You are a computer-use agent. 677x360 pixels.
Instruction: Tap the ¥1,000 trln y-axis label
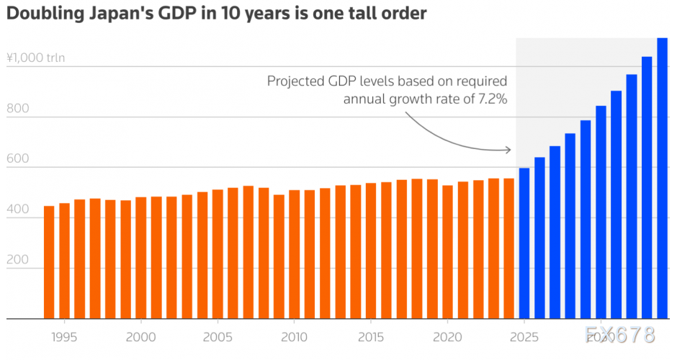pyautogui.click(x=35, y=58)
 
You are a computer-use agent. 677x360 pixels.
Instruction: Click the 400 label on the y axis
pyautogui.click(x=18, y=210)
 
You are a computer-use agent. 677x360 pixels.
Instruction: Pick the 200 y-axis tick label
pyautogui.click(x=18, y=261)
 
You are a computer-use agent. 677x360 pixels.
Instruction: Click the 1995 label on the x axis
pyautogui.click(x=64, y=336)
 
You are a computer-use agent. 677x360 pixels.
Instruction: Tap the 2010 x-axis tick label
pyautogui.click(x=294, y=336)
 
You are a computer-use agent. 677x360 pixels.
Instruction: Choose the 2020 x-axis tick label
pyautogui.click(x=447, y=336)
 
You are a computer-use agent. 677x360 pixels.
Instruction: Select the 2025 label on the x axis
pyautogui.click(x=524, y=336)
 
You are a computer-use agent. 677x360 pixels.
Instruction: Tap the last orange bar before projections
pyautogui.click(x=508, y=248)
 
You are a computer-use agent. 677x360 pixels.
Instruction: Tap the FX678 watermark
pyautogui.click(x=620, y=335)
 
